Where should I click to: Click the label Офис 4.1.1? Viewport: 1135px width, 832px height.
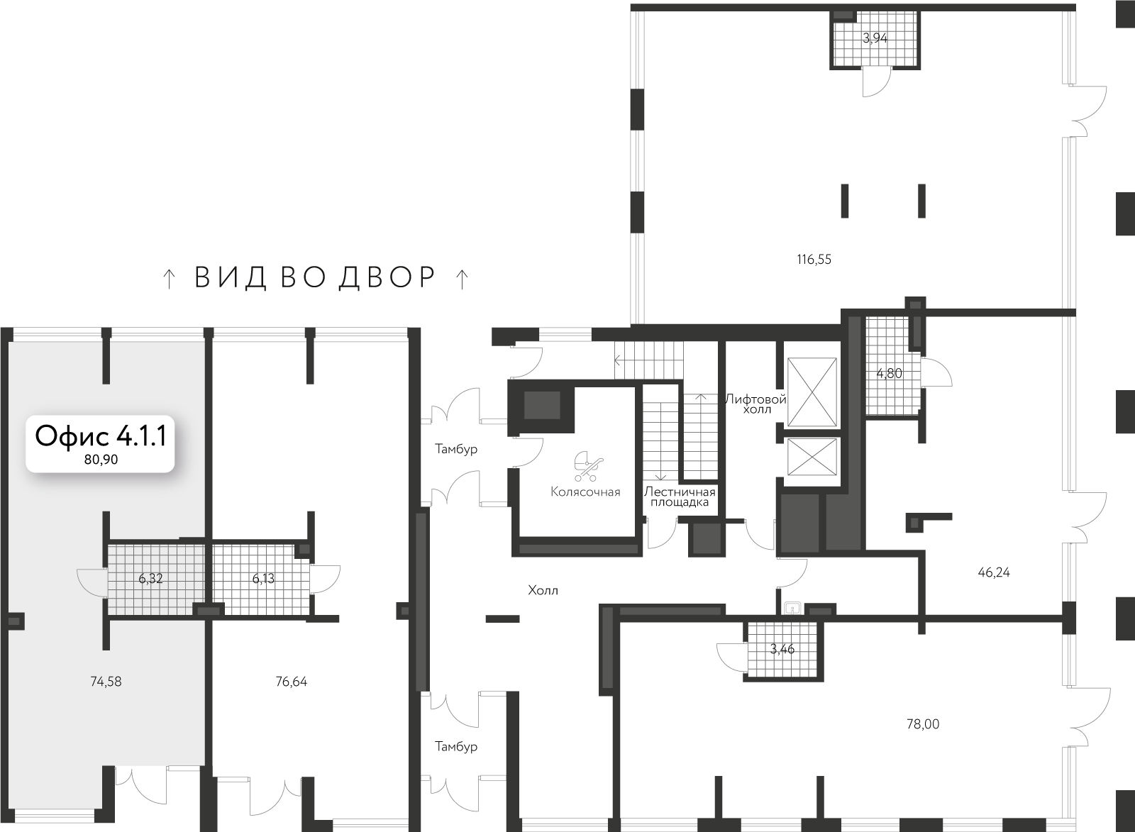100,436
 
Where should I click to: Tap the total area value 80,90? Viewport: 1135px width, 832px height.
101,460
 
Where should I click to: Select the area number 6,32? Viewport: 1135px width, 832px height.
150,579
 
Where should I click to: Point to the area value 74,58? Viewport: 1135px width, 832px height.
106,682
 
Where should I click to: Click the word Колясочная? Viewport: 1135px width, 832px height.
585,492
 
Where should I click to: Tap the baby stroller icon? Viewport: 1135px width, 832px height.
588,467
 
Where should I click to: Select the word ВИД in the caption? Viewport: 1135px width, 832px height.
230,278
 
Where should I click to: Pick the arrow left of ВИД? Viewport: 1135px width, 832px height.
168,279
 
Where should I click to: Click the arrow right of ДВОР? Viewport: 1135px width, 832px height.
461,279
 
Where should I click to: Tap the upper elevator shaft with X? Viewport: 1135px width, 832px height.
812,392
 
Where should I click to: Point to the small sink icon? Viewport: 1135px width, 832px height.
792,608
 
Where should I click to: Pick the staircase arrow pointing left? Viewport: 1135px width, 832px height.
618,360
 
